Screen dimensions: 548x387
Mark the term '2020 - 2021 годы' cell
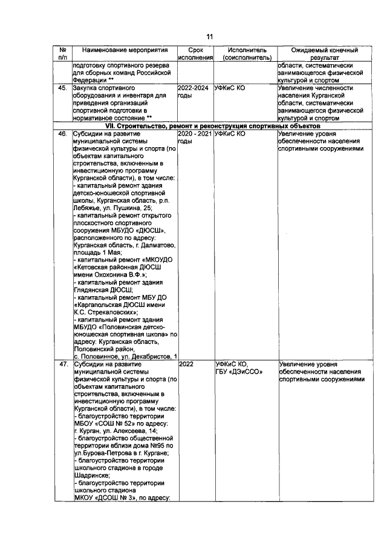click(x=196, y=136)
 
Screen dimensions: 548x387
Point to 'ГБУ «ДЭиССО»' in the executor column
click(x=239, y=372)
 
